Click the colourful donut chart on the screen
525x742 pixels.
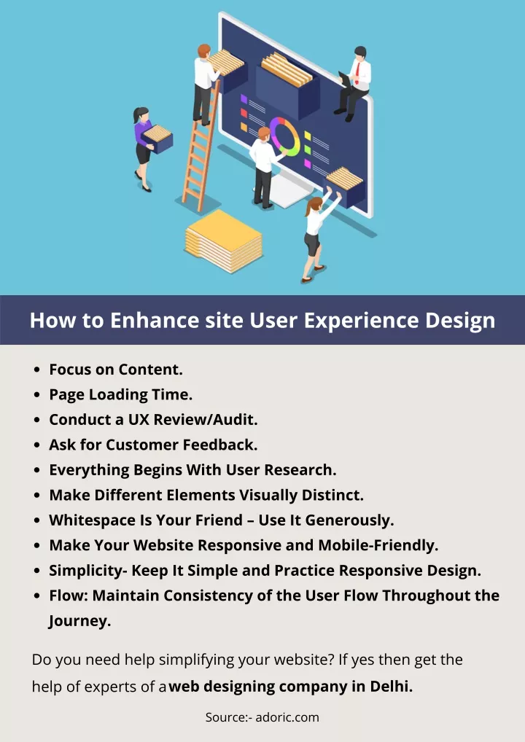click(x=285, y=136)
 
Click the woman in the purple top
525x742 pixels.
click(x=144, y=148)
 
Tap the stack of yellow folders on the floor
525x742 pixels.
click(x=223, y=241)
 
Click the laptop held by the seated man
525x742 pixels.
click(x=345, y=79)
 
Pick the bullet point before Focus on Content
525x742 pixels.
click(x=37, y=370)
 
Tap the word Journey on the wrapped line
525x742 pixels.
click(x=79, y=621)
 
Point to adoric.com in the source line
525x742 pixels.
click(x=287, y=717)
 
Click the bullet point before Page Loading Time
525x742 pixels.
click(x=37, y=395)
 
